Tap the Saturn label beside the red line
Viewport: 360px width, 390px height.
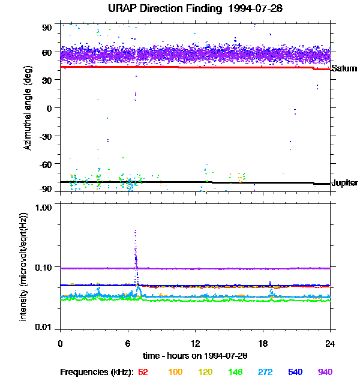[344, 69]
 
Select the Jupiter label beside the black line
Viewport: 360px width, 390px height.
[344, 182]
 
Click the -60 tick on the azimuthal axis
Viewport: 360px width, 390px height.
[46, 163]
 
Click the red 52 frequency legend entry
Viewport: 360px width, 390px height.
[143, 373]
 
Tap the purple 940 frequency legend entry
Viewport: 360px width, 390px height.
[325, 373]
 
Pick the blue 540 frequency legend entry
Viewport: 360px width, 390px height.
[295, 373]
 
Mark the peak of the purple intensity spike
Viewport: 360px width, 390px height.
[136, 230]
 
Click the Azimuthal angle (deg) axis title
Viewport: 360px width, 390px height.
[28, 109]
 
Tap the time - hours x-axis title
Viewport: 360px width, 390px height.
[196, 356]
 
